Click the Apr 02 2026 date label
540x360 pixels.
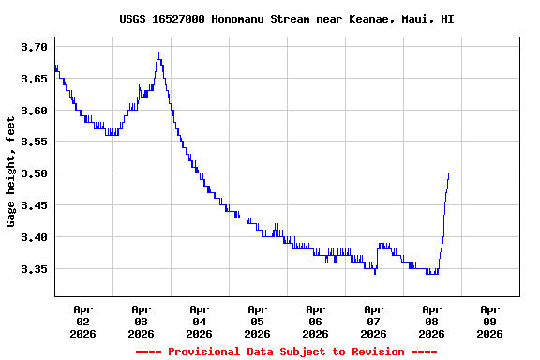coord(82,321)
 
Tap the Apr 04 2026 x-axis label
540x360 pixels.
coord(199,321)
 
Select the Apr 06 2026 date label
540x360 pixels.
coord(315,321)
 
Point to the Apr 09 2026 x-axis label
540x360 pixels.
coord(489,321)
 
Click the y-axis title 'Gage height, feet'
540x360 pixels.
coord(11,172)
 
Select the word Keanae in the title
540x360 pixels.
coord(367,19)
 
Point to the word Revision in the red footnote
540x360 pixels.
coord(373,352)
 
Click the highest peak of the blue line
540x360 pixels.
coord(159,53)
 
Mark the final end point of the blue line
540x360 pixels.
coord(449,172)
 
